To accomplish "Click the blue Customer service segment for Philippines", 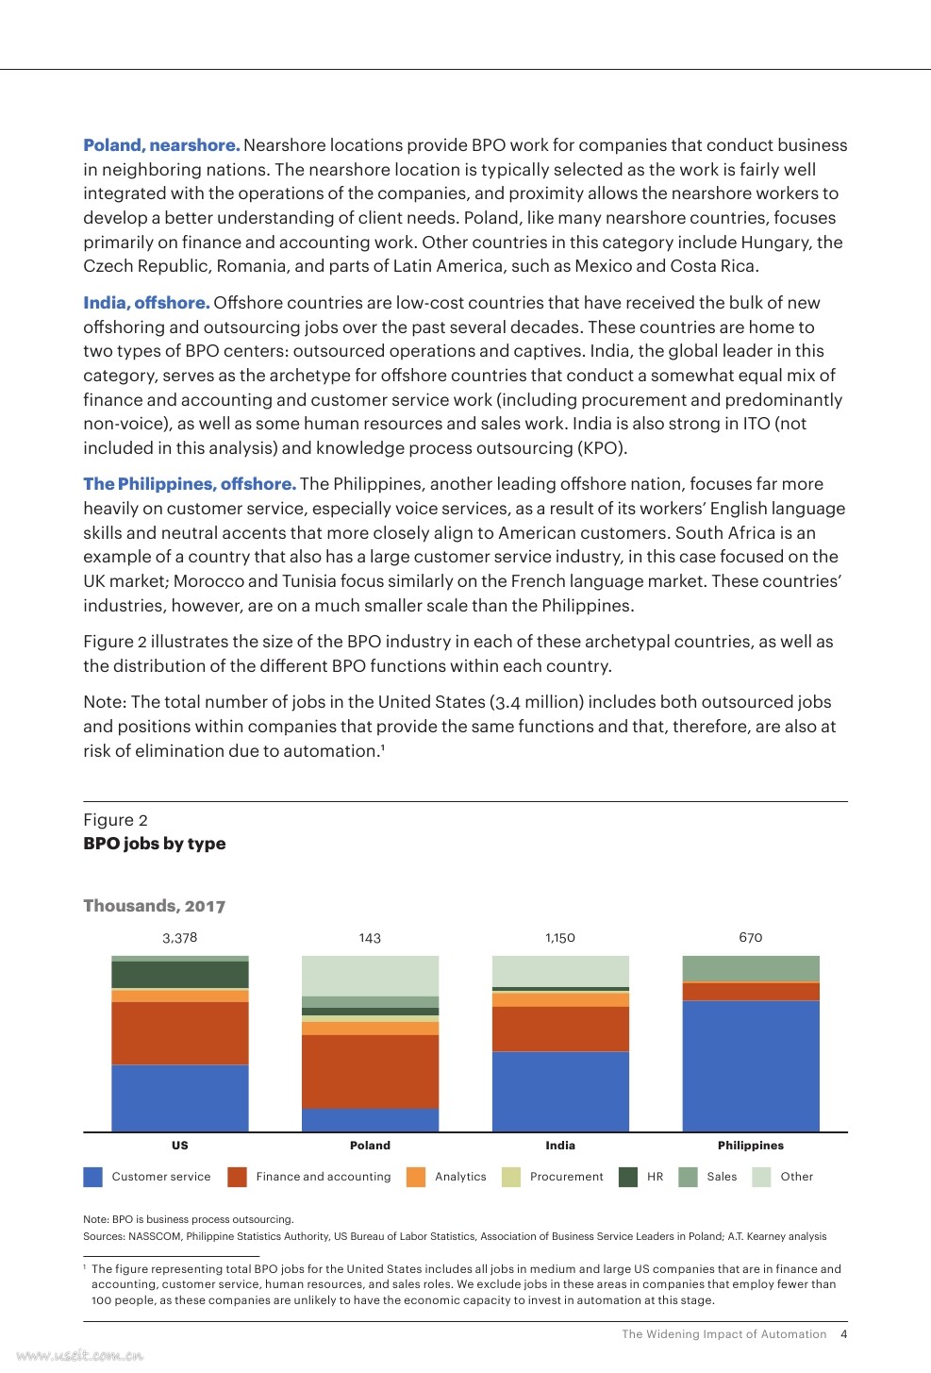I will [750, 1065].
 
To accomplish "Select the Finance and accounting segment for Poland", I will [370, 1071].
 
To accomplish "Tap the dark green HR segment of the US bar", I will [180, 974].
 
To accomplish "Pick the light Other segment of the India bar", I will [560, 971].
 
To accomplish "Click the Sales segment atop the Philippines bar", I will [750, 968].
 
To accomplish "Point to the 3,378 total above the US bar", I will [180, 938].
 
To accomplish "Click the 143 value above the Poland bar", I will [370, 938].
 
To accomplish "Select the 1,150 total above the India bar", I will [560, 938].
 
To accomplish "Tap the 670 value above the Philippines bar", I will [750, 937].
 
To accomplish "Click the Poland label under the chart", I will [370, 1146].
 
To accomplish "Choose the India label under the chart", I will [560, 1146].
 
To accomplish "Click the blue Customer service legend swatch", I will [92, 1177].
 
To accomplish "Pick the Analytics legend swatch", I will [416, 1177].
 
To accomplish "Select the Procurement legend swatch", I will [511, 1177].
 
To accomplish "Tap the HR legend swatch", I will [628, 1177].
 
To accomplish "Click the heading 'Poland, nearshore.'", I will [161, 145].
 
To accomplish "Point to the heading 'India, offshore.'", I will [146, 303].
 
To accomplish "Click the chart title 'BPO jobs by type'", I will [155, 844].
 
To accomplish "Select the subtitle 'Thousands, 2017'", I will [155, 906].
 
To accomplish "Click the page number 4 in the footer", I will [844, 1334].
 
